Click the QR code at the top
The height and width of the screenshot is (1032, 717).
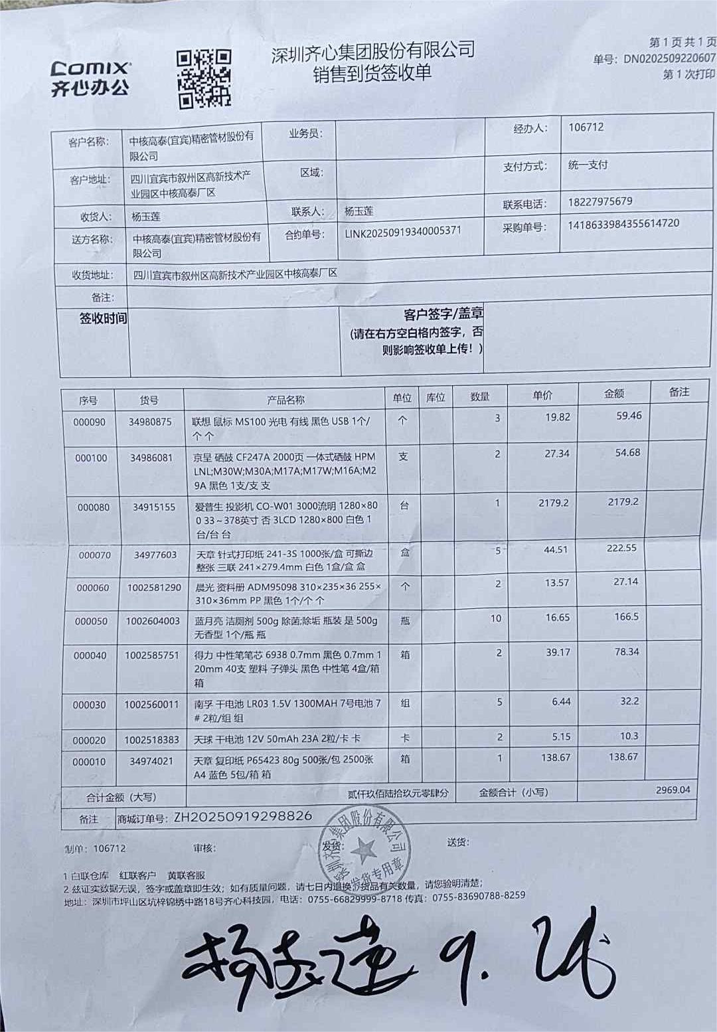tap(203, 78)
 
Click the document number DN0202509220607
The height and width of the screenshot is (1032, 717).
tap(669, 59)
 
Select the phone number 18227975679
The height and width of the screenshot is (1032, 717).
tap(600, 201)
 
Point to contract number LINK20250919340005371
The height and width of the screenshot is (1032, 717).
tap(403, 232)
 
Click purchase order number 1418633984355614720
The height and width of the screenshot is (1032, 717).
tap(623, 224)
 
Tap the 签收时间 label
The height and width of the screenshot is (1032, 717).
tap(103, 319)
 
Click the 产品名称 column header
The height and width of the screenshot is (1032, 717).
tap(285, 400)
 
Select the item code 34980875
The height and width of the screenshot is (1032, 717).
tap(150, 422)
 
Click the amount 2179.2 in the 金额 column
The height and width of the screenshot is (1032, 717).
tap(623, 502)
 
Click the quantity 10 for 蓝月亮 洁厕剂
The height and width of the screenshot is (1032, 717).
tap(496, 618)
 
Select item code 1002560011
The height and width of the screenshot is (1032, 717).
tap(151, 705)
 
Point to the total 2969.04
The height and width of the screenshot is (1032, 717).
tap(673, 790)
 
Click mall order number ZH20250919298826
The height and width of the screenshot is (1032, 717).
tap(243, 817)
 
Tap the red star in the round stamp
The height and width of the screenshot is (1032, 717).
tap(363, 849)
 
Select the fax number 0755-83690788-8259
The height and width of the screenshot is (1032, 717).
tap(478, 897)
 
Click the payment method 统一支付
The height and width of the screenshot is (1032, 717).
tap(588, 165)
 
